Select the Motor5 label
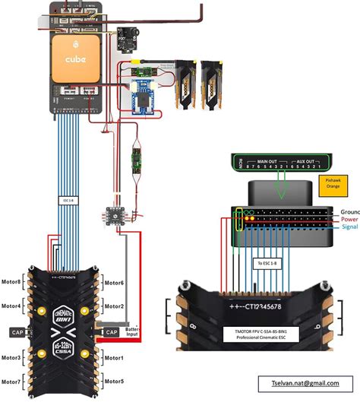115,381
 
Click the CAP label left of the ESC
17,332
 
